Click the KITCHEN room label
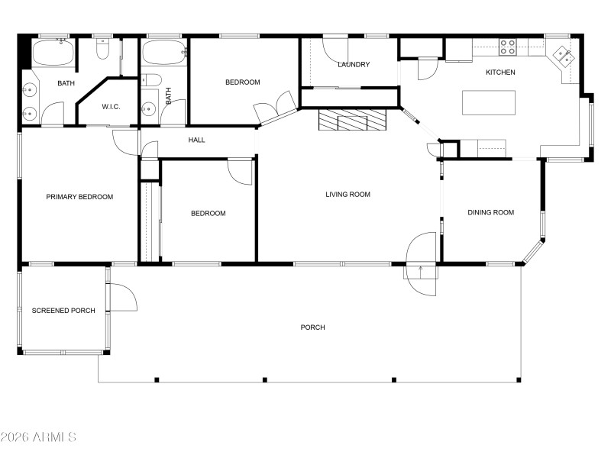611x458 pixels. coord(501,73)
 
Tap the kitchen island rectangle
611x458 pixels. coord(489,102)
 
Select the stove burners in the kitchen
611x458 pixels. coord(508,47)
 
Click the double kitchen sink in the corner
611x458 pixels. coord(564,56)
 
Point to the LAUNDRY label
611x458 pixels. coord(354,65)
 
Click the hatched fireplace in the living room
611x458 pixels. coord(353,120)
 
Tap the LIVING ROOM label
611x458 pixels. coord(348,195)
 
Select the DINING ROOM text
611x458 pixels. coord(490,213)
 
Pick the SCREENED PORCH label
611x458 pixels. coord(63,311)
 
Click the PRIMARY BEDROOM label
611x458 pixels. coord(79,197)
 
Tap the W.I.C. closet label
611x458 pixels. coord(111,107)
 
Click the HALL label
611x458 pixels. coord(197,140)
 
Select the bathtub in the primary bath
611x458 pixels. coord(53,53)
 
